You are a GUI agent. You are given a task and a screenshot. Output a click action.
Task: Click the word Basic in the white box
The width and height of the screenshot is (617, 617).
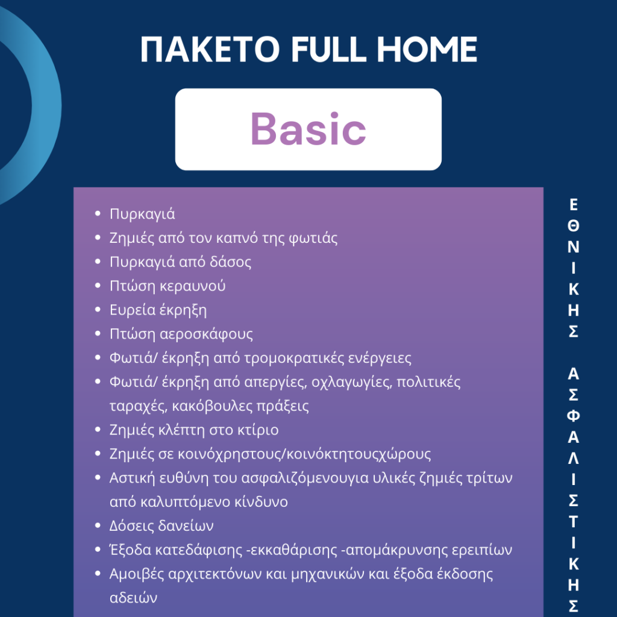308,129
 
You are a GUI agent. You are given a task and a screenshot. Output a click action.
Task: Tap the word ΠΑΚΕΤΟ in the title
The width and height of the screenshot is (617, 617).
210,49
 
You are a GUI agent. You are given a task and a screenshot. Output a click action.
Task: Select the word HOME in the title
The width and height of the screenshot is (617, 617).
427,49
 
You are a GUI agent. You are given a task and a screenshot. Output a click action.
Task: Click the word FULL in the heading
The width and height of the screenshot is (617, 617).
328,49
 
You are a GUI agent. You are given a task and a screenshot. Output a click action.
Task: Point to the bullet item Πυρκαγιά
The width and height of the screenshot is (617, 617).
142,215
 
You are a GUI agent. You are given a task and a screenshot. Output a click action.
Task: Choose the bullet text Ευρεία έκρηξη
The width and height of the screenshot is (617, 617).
158,310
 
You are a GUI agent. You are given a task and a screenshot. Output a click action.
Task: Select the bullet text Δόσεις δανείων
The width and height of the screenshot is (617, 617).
161,526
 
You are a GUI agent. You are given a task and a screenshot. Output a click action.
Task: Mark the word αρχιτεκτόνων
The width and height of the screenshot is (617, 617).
215,574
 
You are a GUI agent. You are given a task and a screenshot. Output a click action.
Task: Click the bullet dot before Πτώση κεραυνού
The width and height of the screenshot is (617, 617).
98,286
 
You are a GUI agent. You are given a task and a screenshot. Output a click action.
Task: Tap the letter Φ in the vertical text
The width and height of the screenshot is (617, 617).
574,416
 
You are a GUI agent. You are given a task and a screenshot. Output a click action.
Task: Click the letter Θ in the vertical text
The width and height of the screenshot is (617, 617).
574,226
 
